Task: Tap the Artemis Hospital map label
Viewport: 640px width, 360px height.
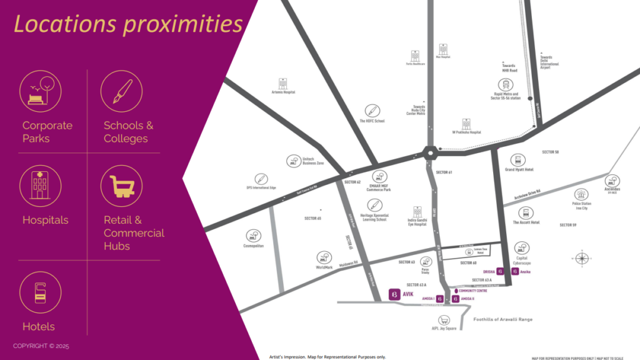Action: coord(283,92)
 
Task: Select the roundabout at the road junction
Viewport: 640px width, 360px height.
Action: coord(430,152)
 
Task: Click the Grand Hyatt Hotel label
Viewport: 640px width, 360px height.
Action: coord(519,169)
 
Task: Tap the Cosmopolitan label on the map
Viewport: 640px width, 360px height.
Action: coord(253,246)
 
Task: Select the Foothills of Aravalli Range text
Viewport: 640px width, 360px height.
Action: coord(503,319)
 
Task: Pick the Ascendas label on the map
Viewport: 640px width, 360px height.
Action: coord(612,189)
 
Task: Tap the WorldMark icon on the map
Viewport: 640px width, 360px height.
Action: coord(324,257)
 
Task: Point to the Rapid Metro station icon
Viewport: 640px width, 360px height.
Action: coord(505,85)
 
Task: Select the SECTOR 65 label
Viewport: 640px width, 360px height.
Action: coord(312,218)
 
